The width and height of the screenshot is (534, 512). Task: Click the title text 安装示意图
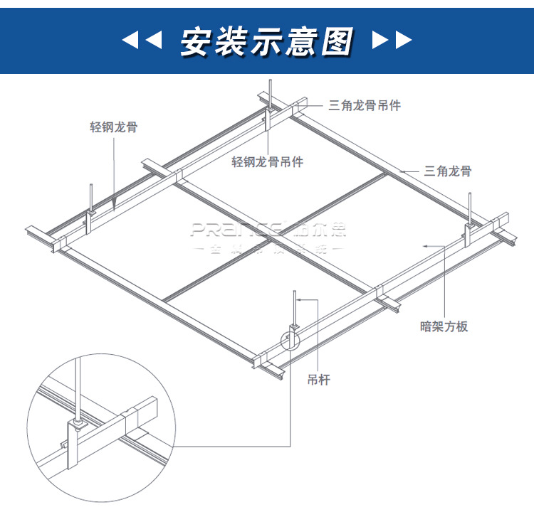[266, 41]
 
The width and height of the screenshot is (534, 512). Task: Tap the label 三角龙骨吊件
[365, 106]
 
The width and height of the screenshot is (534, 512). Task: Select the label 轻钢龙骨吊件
[268, 163]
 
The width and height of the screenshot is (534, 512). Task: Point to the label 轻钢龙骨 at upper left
[114, 128]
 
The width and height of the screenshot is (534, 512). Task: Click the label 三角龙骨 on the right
[447, 171]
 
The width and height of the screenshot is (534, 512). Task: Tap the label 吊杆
[320, 380]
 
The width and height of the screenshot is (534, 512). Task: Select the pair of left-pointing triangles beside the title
[142, 41]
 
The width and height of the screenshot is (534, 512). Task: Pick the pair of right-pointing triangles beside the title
[392, 41]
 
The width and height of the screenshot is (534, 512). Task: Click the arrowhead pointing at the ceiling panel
[425, 245]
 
